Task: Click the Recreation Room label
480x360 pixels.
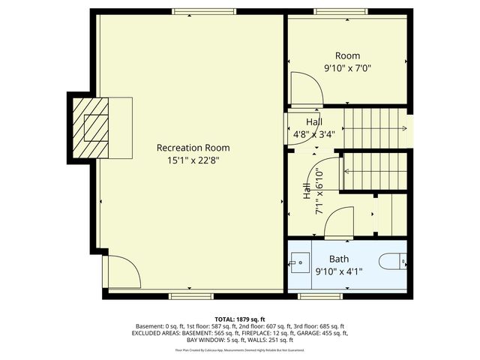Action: (193, 148)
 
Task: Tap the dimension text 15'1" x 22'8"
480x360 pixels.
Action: (193, 160)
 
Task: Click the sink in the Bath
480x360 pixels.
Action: (299, 262)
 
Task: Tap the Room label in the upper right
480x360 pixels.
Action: (347, 55)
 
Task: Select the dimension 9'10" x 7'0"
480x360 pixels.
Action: (347, 68)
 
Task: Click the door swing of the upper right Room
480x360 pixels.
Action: (307, 88)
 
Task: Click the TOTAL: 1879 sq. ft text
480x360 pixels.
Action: (240, 319)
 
